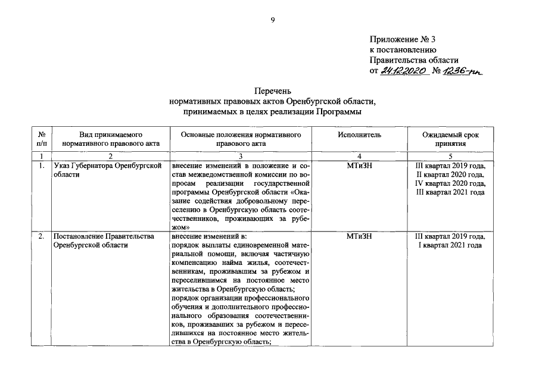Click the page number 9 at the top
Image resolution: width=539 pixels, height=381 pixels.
pos(272,20)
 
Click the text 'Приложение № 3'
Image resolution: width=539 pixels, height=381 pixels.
pos(403,40)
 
